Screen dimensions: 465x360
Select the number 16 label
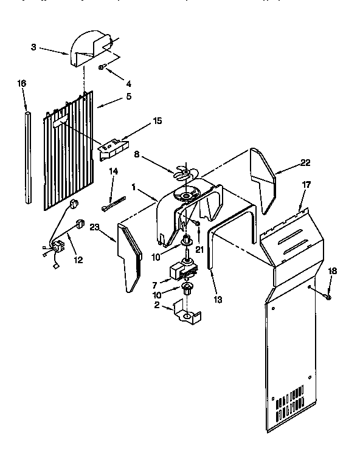click(x=22, y=83)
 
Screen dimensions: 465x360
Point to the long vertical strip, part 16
click(x=27, y=155)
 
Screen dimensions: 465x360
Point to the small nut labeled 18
click(x=328, y=296)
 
